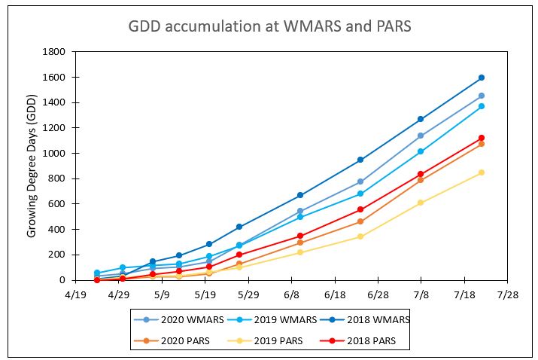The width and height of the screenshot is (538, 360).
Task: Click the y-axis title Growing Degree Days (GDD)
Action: (x=32, y=166)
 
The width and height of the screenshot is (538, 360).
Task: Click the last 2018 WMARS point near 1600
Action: (x=482, y=78)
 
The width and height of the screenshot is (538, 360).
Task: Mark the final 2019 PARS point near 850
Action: (x=482, y=172)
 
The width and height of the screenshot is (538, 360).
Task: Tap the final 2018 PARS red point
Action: (x=482, y=138)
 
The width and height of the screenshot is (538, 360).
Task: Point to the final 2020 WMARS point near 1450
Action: (x=482, y=96)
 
